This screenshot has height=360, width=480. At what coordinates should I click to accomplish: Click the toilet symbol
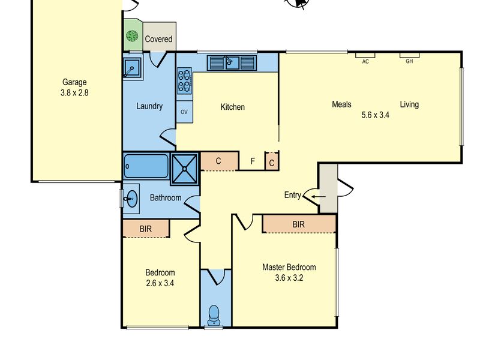tap(214, 316)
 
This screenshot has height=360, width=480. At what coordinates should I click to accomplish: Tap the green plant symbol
tap(132, 36)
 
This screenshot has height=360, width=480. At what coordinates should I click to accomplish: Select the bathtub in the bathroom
tap(146, 166)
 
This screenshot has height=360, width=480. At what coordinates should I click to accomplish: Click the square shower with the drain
tap(184, 169)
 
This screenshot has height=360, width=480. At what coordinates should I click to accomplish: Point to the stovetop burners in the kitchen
tap(185, 81)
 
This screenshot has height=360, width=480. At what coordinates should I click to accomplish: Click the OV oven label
tap(184, 112)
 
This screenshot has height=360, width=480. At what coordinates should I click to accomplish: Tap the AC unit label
tap(365, 62)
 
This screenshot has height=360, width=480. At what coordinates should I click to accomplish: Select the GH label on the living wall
tap(409, 61)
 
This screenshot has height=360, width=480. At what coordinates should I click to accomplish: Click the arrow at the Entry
tap(319, 197)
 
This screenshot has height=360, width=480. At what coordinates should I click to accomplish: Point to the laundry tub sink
tap(132, 68)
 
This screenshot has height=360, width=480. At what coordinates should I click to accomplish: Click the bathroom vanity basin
tap(131, 199)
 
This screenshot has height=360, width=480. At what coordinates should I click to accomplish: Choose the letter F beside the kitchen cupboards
tap(253, 161)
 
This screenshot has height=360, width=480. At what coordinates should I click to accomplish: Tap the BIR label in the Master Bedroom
tap(298, 224)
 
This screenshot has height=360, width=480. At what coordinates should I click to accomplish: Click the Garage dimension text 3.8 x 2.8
tap(74, 92)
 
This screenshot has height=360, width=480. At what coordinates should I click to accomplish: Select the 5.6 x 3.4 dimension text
tap(376, 115)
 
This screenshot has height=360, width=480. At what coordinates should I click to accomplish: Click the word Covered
tap(158, 39)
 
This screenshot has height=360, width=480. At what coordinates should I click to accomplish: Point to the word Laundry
tap(149, 106)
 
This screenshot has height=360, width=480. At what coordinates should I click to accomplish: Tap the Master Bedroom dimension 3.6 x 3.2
tap(289, 278)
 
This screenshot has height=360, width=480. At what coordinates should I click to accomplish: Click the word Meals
tap(341, 104)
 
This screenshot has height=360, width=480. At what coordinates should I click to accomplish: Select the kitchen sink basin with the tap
tap(232, 63)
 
